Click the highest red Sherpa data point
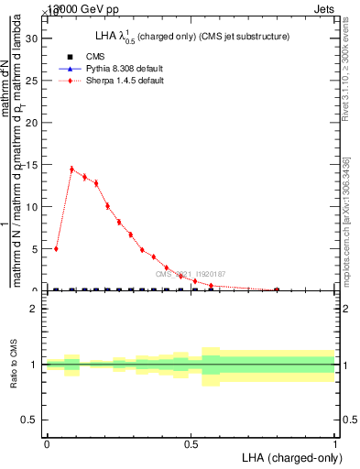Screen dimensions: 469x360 71,169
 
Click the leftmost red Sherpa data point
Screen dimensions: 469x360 57,248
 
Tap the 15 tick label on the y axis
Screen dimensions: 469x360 35,165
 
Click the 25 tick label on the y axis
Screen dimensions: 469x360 35,81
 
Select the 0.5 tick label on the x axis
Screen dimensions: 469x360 191,444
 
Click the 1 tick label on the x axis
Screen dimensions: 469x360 335,444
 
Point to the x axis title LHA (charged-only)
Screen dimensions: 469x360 291,457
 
